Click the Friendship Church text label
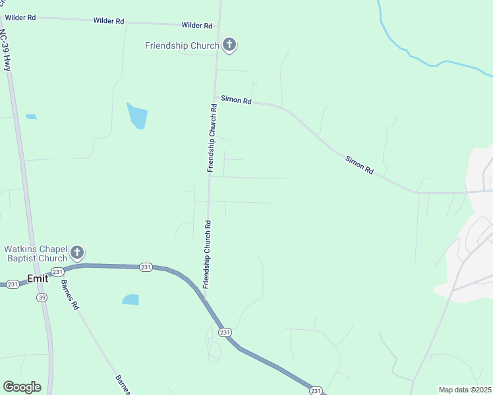[182, 45]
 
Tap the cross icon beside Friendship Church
[229, 45]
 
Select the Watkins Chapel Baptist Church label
[36, 253]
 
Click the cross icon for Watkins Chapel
[77, 252]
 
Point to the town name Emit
[38, 278]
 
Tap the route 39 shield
[42, 297]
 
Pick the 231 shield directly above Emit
[57, 271]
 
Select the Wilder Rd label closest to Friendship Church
[197, 26]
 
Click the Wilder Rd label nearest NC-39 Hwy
[20, 17]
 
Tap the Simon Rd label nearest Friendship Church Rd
[236, 100]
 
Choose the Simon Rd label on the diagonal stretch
[359, 165]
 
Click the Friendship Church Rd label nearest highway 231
[206, 254]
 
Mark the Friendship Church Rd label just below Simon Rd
[212, 138]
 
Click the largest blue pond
[138, 116]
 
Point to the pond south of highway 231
[130, 300]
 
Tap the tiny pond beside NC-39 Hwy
[31, 117]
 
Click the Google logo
[22, 387]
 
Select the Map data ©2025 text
[465, 390]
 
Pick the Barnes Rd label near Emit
[70, 296]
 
